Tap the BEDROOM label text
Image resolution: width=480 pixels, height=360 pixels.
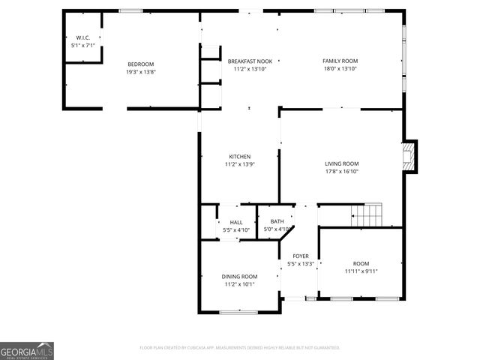[141, 64]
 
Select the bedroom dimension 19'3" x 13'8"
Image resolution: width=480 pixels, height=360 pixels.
[141, 72]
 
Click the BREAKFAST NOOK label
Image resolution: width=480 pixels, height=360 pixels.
[250, 61]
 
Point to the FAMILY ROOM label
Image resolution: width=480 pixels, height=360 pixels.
[340, 61]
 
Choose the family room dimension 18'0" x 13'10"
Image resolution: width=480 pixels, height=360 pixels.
[340, 68]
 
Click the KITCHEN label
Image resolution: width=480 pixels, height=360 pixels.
[240, 156]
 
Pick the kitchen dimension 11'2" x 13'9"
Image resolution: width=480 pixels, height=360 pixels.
[240, 164]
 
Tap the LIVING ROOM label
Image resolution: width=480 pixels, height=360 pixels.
[341, 163]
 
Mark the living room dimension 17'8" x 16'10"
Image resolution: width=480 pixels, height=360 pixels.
[341, 171]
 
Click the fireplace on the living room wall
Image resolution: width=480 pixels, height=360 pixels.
[409, 156]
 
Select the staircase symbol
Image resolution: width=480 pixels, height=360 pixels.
[367, 215]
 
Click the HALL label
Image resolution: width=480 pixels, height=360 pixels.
[236, 222]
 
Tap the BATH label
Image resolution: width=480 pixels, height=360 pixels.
[277, 221]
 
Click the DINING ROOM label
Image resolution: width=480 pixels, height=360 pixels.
[239, 277]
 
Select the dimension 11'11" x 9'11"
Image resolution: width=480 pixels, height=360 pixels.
[361, 271]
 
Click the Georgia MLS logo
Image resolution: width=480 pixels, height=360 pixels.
[27, 351]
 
